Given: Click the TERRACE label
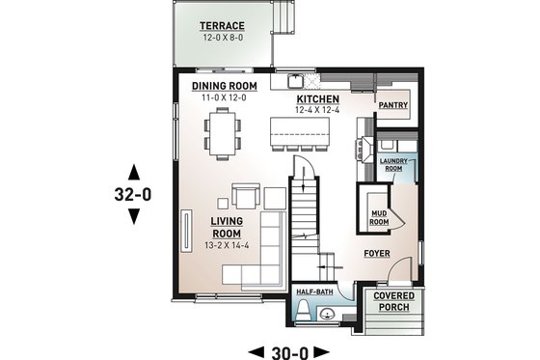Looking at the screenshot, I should tap(222, 25).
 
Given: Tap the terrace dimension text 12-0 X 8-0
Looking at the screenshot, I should tap(222, 38).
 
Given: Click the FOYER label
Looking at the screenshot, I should tap(376, 254).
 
